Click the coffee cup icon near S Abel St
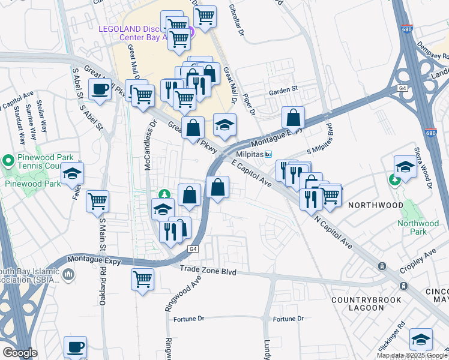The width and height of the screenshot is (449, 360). [x=100, y=90]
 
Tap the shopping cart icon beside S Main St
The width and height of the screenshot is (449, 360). [x=97, y=202]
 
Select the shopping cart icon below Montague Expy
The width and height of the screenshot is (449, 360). [x=142, y=278]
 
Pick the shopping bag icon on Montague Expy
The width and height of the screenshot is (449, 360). [x=293, y=117]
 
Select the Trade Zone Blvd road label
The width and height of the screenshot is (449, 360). [x=208, y=272]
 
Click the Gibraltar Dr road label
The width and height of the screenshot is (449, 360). [x=237, y=14]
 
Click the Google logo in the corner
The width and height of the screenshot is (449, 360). [x=19, y=353]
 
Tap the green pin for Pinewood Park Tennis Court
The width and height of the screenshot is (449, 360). [x=8, y=160]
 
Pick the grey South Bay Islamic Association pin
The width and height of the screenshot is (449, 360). [x=68, y=275]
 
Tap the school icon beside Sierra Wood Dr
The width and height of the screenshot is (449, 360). [x=405, y=166]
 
